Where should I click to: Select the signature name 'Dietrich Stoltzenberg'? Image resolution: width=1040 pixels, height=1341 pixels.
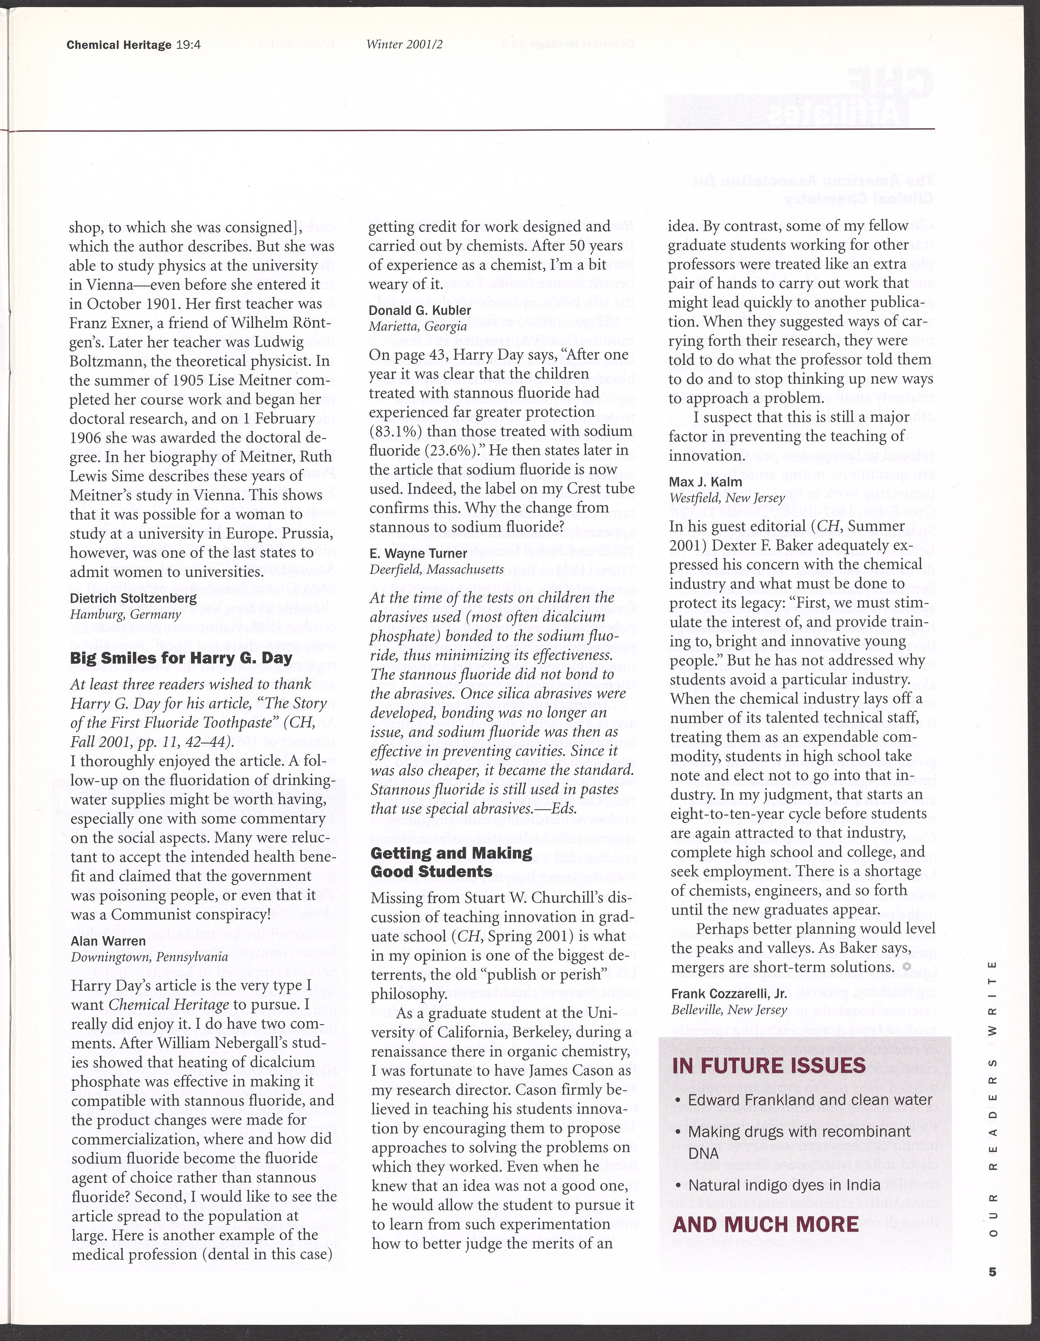tap(133, 598)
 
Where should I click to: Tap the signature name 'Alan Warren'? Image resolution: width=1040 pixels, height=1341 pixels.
tap(108, 941)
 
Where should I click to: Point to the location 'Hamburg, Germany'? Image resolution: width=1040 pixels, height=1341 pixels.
tap(125, 614)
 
